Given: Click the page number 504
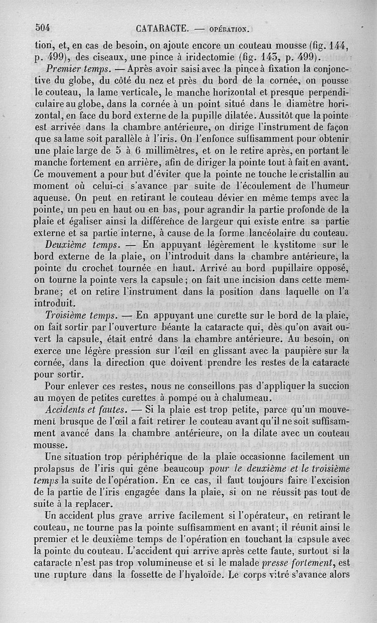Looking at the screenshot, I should pos(43,27).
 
